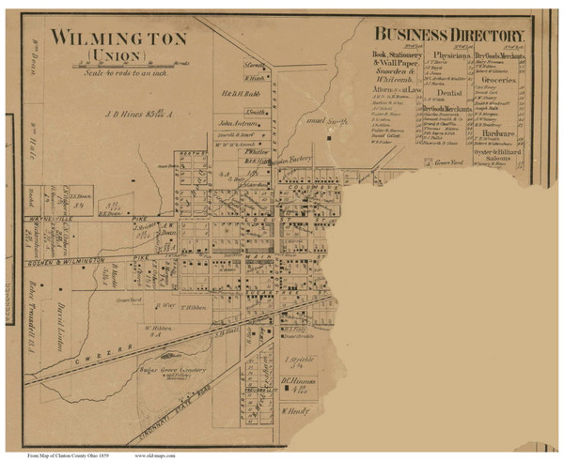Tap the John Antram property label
pyautogui.click(x=239, y=122)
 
